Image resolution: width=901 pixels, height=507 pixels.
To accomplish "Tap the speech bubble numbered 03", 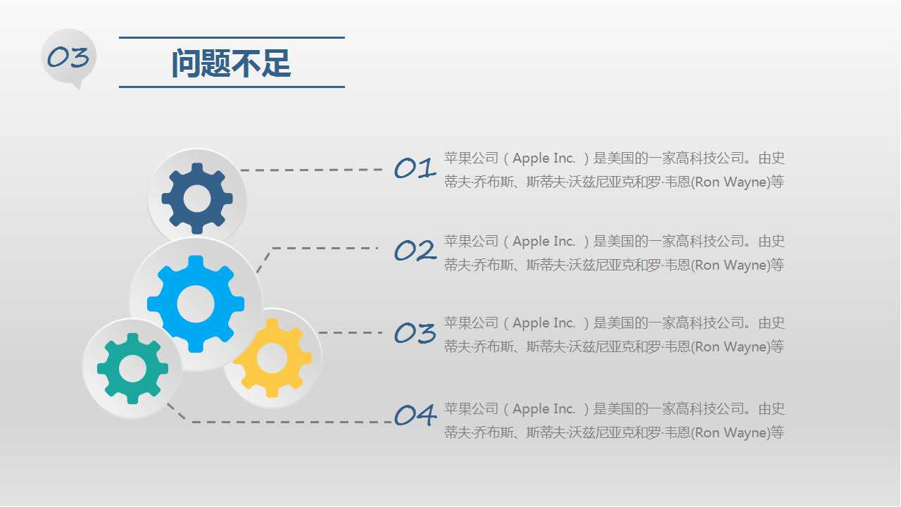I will (68, 57).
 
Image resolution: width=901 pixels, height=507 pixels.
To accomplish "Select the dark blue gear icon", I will (196, 199).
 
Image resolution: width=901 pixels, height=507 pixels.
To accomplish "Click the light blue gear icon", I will (195, 304).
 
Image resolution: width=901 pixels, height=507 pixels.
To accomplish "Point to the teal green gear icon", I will (132, 368).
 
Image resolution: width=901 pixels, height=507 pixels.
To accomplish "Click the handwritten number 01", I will (415, 169).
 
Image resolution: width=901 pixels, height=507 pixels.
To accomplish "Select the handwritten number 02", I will (415, 251).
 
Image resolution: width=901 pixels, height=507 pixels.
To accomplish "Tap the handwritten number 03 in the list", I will (415, 333).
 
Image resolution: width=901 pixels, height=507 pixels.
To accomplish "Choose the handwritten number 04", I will (415, 415).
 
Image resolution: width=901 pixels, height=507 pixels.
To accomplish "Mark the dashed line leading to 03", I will (350, 332).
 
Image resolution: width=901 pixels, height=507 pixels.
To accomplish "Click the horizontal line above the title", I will (232, 37).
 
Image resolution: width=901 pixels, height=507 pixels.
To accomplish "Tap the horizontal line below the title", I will (232, 87).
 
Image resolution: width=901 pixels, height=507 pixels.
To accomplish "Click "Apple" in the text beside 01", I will (531, 158).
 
